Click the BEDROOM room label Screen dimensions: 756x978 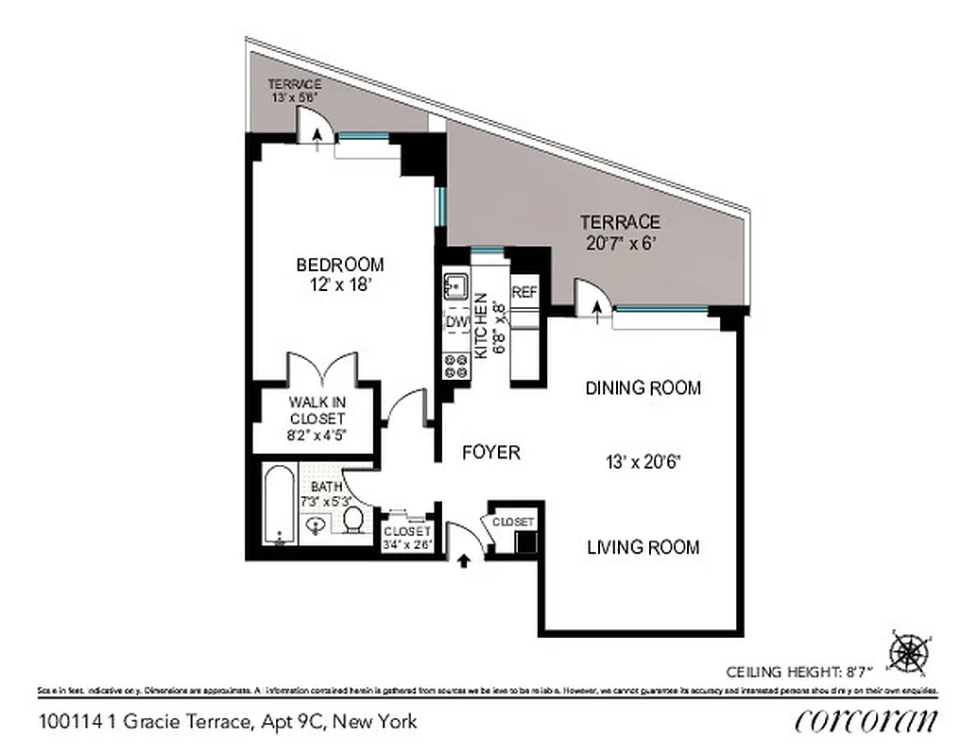[x=339, y=265]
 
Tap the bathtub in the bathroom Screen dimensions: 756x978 [x=280, y=505]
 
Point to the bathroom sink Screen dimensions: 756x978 [x=317, y=528]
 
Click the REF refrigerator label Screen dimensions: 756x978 [x=524, y=293]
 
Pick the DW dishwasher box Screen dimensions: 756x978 [x=456, y=322]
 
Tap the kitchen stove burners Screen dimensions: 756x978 [x=456, y=365]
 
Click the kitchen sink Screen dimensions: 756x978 [x=456, y=284]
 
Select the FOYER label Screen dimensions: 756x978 [x=490, y=453]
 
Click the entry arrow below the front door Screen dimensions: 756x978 [x=464, y=561]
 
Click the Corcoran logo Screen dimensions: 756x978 [x=866, y=720]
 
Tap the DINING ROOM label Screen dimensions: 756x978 [x=643, y=387]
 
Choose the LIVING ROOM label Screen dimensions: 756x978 [x=643, y=546]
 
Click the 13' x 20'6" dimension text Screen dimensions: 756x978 [x=643, y=462]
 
